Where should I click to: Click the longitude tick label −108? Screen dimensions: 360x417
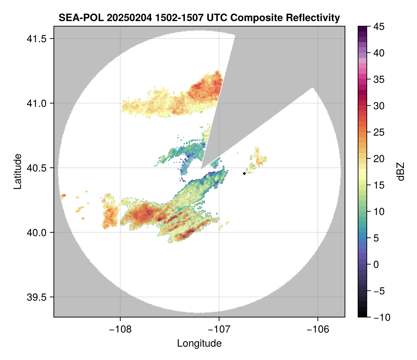point(120,329)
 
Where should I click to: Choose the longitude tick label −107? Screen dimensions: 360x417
point(219,329)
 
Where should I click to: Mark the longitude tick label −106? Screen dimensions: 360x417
point(318,329)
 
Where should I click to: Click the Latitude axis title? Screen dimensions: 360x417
point(17,171)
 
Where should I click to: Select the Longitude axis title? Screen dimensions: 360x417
point(199,343)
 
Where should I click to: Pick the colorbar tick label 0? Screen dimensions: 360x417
point(375,264)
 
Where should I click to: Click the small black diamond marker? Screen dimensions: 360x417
point(244,173)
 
